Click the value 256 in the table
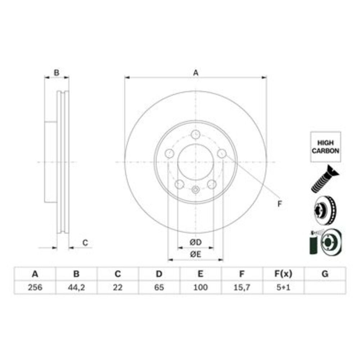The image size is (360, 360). pyautogui.click(x=35, y=287)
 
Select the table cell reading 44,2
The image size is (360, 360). pyautogui.click(x=76, y=287)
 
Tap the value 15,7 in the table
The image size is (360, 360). pyautogui.click(x=242, y=287)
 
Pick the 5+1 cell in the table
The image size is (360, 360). pyautogui.click(x=283, y=287)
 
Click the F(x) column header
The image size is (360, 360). pyautogui.click(x=283, y=274)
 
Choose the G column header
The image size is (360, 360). pyautogui.click(x=325, y=274)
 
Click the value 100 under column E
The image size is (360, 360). pyautogui.click(x=201, y=287)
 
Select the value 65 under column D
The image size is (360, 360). pyautogui.click(x=159, y=287)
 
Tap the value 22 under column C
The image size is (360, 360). pyautogui.click(x=118, y=287)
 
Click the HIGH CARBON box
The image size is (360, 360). pyautogui.click(x=325, y=147)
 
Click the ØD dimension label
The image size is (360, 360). pyautogui.click(x=195, y=242)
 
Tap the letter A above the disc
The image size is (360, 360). pyautogui.click(x=195, y=73)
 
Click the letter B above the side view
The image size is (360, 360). pyautogui.click(x=57, y=73)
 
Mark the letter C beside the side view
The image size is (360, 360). pyautogui.click(x=85, y=243)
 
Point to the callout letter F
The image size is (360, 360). pyautogui.click(x=279, y=204)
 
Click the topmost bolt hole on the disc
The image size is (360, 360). pyautogui.click(x=195, y=135)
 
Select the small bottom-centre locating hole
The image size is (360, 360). pyautogui.click(x=195, y=190)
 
